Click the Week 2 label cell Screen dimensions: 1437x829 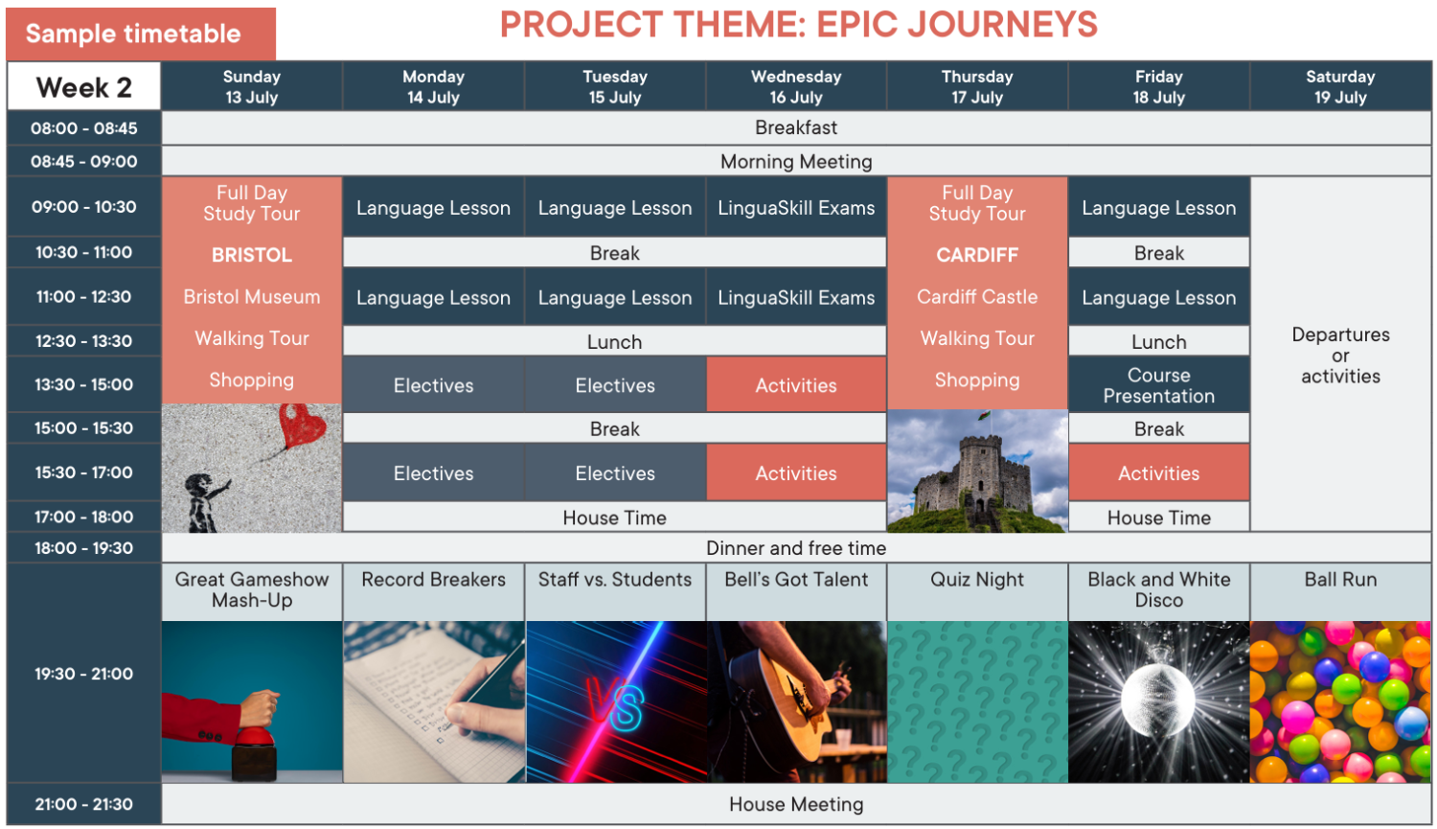click(83, 86)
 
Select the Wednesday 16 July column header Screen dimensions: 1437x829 click(796, 86)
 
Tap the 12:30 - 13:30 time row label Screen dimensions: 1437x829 click(83, 341)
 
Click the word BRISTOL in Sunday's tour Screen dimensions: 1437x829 click(251, 255)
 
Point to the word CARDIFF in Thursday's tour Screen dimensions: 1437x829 click(977, 255)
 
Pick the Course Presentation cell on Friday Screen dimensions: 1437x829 click(1158, 385)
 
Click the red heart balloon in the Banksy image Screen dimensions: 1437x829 click(302, 425)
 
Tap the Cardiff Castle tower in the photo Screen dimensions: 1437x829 click(978, 478)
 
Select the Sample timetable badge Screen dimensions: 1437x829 click(141, 34)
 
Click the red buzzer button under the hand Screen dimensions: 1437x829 click(257, 738)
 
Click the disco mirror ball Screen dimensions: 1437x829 click(1158, 701)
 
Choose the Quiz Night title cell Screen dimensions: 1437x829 click(977, 591)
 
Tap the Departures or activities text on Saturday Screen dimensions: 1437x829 click(1340, 355)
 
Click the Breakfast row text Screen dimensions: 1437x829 click(796, 127)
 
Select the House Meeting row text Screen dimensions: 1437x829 click(796, 804)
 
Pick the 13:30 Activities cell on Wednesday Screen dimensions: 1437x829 click(796, 385)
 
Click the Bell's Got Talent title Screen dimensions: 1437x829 click(796, 580)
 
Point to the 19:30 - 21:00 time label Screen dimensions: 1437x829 click(83, 674)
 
